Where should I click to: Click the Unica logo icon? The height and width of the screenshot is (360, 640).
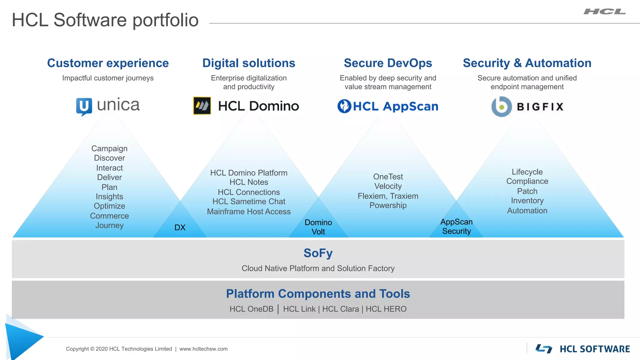(x=84, y=106)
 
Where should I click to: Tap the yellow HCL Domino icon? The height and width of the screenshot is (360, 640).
(x=202, y=106)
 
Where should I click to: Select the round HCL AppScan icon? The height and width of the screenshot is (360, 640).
(x=344, y=106)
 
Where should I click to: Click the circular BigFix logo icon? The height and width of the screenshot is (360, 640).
(x=501, y=107)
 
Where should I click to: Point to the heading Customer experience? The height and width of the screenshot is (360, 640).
(x=108, y=63)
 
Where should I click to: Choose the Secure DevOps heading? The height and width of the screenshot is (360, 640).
(x=388, y=63)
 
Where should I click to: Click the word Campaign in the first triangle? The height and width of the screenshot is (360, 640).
(x=109, y=148)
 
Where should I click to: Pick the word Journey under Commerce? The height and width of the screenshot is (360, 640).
(x=109, y=225)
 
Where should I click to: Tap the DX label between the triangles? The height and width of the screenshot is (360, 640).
(x=180, y=227)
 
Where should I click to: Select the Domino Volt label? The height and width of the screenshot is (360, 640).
(x=318, y=227)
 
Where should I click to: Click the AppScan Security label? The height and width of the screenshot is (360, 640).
(x=456, y=226)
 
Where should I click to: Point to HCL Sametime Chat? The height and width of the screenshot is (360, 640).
(x=249, y=202)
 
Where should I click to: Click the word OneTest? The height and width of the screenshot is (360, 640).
(x=388, y=177)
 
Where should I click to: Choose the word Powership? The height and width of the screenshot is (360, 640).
(x=388, y=205)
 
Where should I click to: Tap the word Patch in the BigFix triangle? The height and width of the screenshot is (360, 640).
(x=527, y=191)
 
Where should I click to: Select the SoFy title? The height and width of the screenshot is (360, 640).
(x=318, y=253)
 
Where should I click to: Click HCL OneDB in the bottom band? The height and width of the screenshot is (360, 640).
(x=252, y=309)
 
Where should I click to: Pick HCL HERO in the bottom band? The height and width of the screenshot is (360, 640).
(x=386, y=309)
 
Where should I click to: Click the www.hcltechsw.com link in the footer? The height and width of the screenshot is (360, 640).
(x=203, y=349)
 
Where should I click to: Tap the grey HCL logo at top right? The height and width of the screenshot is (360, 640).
(x=605, y=12)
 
